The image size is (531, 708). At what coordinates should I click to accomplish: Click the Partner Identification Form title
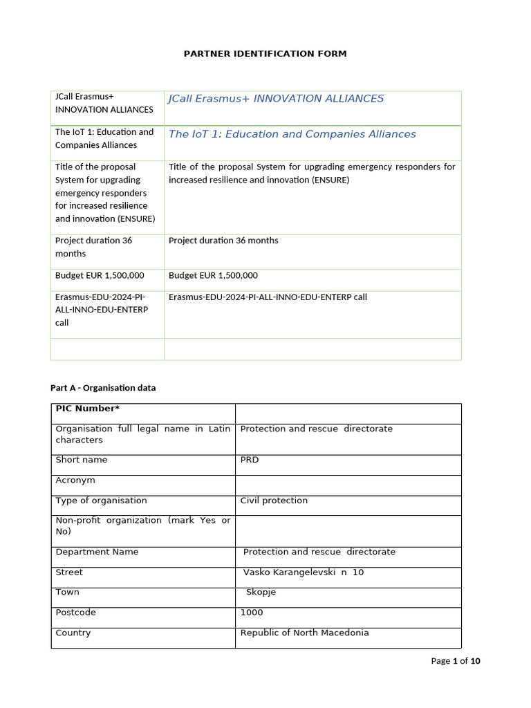pos(265,53)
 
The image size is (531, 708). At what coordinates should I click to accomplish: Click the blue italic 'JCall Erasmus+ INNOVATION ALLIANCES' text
pos(276,99)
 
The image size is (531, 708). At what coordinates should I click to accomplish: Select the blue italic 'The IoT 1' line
pos(292,134)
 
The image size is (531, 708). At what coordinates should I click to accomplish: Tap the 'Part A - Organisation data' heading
pos(103,388)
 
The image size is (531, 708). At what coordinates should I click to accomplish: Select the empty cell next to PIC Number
pos(348,413)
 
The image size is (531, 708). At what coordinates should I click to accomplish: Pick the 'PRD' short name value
pos(250,460)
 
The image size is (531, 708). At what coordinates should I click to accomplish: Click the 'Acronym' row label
pos(75,480)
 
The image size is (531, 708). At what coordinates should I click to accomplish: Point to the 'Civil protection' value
pos(274,501)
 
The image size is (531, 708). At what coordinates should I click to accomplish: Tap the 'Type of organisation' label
pos(101,501)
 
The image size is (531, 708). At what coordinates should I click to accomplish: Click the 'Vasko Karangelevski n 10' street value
pos(304,572)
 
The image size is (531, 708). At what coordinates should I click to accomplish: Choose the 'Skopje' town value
pos(261,593)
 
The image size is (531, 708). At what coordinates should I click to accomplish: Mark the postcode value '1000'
pos(252,613)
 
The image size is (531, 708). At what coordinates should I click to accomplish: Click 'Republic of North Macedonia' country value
pos(304,633)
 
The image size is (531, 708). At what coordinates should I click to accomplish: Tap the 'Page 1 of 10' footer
pos(455,661)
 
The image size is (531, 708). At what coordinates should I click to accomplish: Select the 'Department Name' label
pos(97,552)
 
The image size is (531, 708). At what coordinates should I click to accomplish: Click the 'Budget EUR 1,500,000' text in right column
pos(213,275)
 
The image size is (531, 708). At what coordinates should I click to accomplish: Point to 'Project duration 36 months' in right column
pos(223,241)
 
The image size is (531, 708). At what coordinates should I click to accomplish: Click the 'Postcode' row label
pos(75,613)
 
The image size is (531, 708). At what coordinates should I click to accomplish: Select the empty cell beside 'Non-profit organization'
pos(348,530)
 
